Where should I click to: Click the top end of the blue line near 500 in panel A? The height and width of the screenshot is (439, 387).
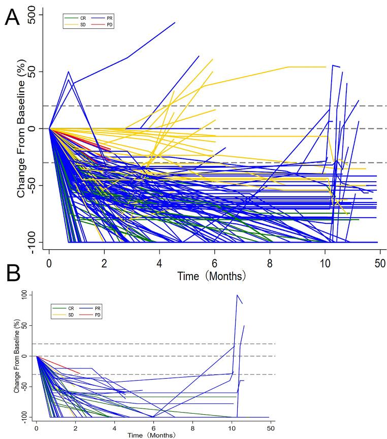[x=175, y=22]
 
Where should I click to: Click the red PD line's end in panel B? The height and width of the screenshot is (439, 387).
[x=80, y=374]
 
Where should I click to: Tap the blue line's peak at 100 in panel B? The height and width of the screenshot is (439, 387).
[x=237, y=295]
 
